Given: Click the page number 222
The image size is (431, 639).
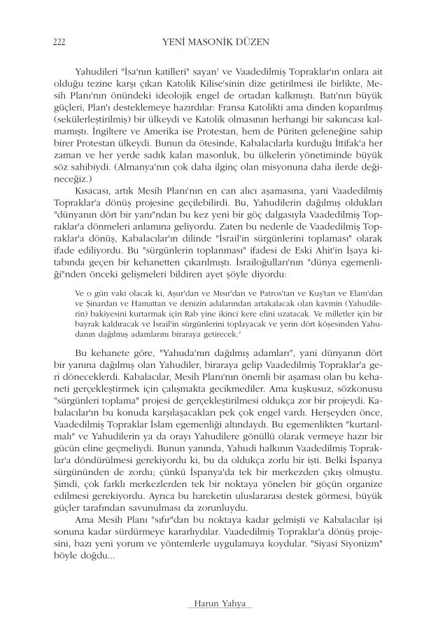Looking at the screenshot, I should pyautogui.click(x=59, y=42).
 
